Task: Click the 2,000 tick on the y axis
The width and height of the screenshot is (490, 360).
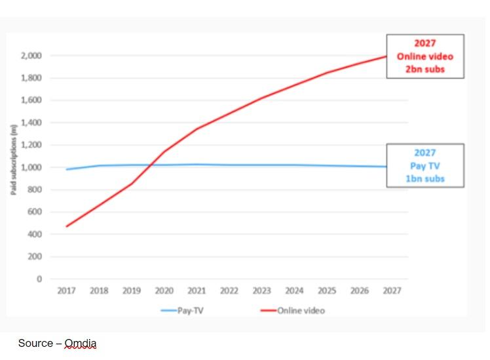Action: click(31, 56)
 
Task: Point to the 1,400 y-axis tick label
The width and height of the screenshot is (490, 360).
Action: click(31, 123)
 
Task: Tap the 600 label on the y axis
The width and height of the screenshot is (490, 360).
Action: click(35, 212)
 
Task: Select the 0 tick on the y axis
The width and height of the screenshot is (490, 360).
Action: click(39, 279)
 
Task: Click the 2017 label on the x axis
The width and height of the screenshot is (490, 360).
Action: click(66, 290)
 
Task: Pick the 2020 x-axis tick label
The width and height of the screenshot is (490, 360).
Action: click(164, 290)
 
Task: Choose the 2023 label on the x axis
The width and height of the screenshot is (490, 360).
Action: click(261, 290)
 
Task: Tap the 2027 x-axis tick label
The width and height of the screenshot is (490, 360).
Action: click(391, 290)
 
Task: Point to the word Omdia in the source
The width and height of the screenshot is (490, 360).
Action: click(81, 343)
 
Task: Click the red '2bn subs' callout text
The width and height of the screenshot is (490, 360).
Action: click(424, 69)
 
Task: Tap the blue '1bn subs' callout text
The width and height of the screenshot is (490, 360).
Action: click(424, 178)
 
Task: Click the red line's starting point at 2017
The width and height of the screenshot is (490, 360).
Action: click(67, 226)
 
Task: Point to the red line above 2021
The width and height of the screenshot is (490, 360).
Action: click(197, 129)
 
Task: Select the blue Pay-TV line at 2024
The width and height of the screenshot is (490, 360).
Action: click(293, 165)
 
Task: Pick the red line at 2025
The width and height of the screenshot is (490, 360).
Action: click(326, 73)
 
